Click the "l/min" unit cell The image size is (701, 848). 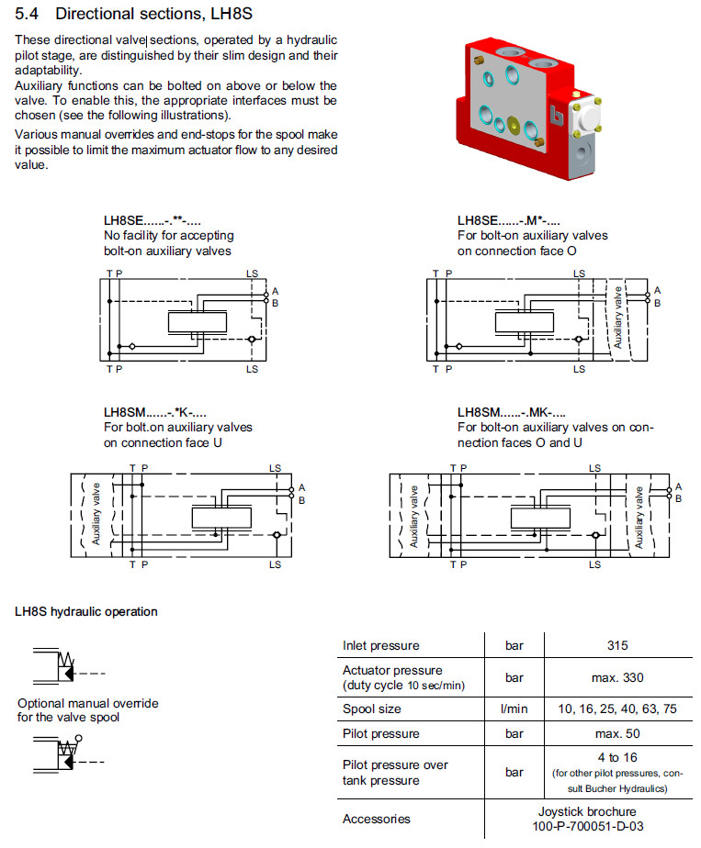514,709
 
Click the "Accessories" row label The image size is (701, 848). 376,819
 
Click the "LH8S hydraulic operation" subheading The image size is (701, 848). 86,611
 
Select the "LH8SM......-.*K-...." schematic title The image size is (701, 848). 156,413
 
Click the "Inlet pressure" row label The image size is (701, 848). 380,645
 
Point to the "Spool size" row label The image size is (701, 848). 371,709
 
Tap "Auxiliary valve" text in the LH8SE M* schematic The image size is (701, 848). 618,318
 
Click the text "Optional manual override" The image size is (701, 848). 88,703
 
